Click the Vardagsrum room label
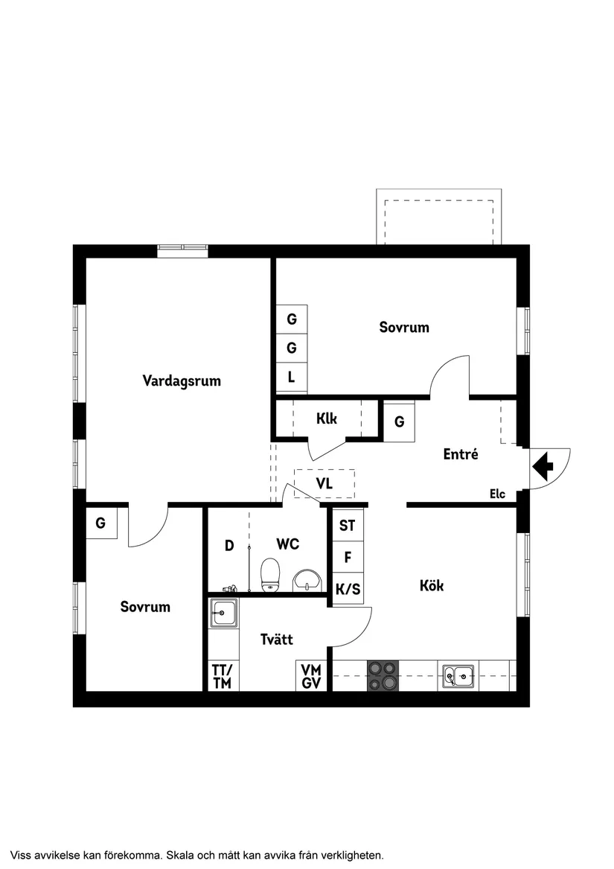click(182, 381)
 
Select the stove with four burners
click(383, 676)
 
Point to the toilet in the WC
click(270, 576)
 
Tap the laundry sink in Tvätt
click(223, 614)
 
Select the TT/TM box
click(222, 676)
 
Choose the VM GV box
click(312, 676)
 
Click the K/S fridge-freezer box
click(348, 590)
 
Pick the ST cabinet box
click(348, 526)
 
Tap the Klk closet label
click(327, 418)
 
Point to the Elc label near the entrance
click(497, 493)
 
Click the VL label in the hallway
click(324, 483)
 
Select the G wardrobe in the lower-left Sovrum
click(100, 523)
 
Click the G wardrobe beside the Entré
click(400, 422)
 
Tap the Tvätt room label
click(277, 639)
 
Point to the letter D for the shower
click(229, 546)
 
